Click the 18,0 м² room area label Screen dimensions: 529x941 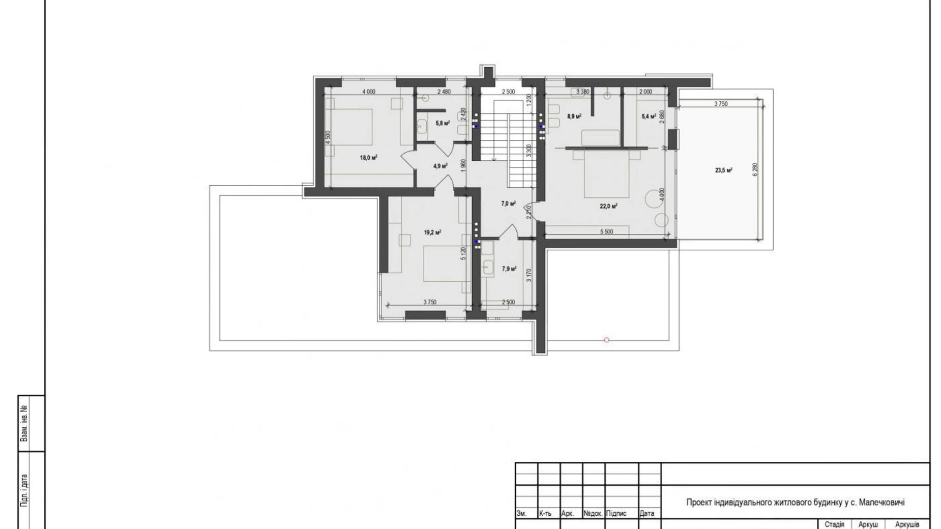pos(368,158)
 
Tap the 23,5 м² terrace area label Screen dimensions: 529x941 pos(723,170)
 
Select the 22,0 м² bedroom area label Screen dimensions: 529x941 pos(608,206)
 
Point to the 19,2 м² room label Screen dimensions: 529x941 pos(432,232)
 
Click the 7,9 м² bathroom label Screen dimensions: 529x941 pos(509,269)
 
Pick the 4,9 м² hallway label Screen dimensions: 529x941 pos(440,166)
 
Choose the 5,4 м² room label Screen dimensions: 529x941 pos(649,116)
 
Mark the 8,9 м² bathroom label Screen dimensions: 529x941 pos(574,116)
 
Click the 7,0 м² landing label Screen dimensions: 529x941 pos(508,203)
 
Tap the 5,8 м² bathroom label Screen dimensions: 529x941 pos(443,123)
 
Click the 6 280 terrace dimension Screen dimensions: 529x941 pos(755,169)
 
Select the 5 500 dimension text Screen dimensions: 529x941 pos(606,231)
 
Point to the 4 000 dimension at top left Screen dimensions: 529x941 pos(369,92)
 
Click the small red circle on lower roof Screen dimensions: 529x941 pos(606,340)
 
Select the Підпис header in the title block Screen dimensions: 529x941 pos(616,514)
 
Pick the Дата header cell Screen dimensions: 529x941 pos(647,514)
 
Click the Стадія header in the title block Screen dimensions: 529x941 pos(834,524)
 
